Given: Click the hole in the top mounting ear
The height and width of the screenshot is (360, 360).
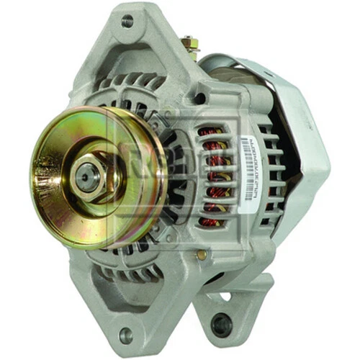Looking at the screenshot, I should pos(127,22).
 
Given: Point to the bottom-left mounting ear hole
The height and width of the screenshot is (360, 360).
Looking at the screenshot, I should pos(126,334).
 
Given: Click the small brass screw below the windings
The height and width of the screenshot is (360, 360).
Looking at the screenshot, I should pos(202,254).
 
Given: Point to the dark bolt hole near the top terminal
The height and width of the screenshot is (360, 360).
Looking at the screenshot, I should pos(199,98).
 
